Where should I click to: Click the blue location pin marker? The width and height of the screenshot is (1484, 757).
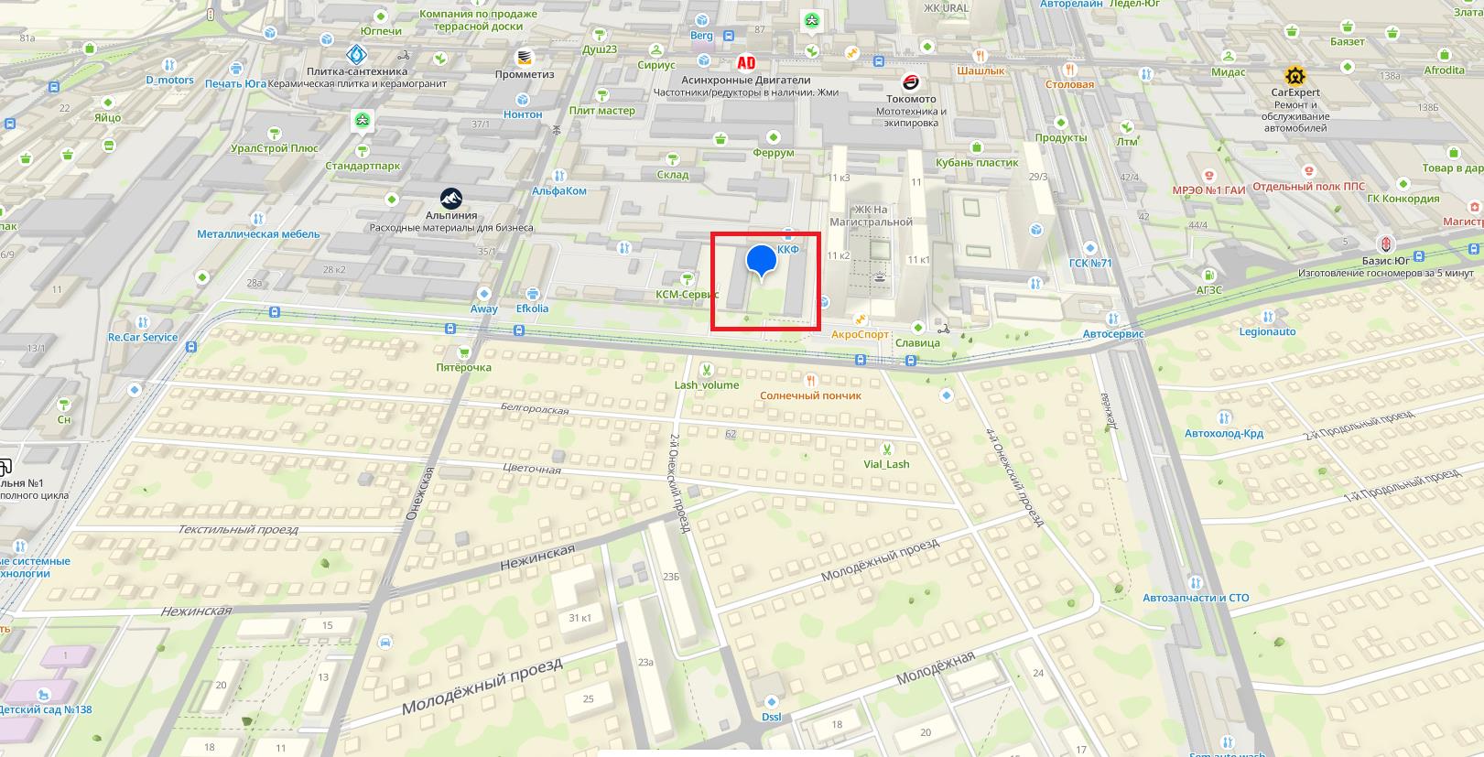click(x=761, y=261)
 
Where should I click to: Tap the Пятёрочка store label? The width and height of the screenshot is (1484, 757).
click(x=463, y=367)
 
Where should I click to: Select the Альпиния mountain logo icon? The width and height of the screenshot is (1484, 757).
click(x=450, y=198)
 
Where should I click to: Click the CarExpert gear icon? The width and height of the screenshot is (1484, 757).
click(x=1294, y=75)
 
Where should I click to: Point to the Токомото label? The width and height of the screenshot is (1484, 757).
click(x=911, y=99)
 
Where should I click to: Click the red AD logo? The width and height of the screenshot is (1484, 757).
click(x=746, y=62)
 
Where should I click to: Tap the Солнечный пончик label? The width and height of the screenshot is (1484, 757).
click(x=810, y=395)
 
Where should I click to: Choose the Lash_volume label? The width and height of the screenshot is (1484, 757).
click(x=706, y=384)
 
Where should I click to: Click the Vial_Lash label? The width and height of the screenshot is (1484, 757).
click(x=886, y=464)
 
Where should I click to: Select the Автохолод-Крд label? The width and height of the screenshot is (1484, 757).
click(x=1223, y=433)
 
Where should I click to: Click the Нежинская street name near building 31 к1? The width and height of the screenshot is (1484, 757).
click(x=537, y=557)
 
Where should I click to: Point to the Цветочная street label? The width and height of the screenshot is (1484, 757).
click(x=532, y=470)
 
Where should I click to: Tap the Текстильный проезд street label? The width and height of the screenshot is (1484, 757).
click(x=238, y=529)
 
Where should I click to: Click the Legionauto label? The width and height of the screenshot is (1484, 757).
click(x=1267, y=331)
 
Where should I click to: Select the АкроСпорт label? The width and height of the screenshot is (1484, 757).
click(x=860, y=334)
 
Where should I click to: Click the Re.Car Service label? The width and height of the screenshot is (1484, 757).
click(x=143, y=337)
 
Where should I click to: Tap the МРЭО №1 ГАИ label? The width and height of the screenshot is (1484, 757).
click(x=1208, y=190)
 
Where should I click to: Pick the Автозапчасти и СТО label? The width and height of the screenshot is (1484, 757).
click(x=1196, y=598)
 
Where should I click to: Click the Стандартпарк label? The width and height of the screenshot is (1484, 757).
click(x=363, y=166)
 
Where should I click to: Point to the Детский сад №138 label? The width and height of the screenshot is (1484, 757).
click(x=46, y=709)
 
